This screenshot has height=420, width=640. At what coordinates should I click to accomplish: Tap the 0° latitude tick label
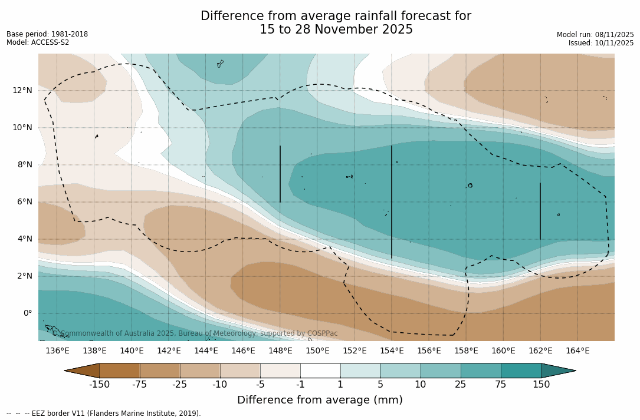[27, 313]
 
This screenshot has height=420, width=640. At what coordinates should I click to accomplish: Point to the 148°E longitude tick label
[280, 351]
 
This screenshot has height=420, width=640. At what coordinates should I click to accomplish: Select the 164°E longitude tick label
[577, 351]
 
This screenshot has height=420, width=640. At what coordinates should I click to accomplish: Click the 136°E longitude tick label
[57, 351]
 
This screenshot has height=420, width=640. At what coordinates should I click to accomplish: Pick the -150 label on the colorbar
[99, 385]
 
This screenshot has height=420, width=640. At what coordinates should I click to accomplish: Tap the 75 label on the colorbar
[501, 385]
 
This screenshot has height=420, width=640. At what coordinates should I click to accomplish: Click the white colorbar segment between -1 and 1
[320, 371]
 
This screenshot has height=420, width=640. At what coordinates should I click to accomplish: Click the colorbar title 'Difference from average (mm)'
[320, 401]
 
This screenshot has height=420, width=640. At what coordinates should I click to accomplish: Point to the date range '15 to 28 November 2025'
[336, 29]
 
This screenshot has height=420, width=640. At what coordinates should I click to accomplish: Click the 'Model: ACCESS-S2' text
[38, 42]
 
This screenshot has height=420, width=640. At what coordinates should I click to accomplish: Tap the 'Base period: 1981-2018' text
[47, 34]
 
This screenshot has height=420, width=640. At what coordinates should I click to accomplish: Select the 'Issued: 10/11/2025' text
[601, 43]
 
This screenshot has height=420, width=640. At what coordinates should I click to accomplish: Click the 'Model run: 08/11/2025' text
[595, 35]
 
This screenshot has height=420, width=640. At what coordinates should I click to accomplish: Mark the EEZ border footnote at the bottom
[104, 414]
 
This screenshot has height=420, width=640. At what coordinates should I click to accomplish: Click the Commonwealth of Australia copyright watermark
[195, 333]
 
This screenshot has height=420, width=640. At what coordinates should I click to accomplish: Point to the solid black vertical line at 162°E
[540, 211]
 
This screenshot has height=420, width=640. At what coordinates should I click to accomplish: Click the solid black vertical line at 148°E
[280, 174]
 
